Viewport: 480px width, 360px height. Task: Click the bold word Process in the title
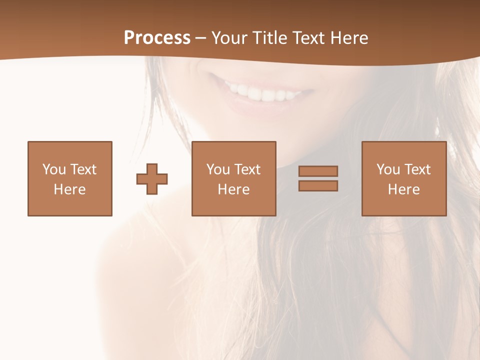click(x=157, y=38)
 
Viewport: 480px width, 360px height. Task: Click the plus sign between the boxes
click(x=152, y=179)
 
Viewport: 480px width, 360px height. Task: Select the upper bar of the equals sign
click(x=318, y=171)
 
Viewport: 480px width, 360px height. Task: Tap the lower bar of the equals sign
click(x=318, y=186)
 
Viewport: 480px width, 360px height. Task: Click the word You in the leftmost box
click(x=53, y=169)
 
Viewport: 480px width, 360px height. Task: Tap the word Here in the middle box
click(x=234, y=189)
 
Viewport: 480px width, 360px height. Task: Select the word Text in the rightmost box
click(x=417, y=169)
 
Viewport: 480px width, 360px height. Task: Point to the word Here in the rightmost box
click(x=404, y=189)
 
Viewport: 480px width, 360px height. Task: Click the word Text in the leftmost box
click(x=83, y=169)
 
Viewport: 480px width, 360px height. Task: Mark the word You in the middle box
click(x=218, y=169)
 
